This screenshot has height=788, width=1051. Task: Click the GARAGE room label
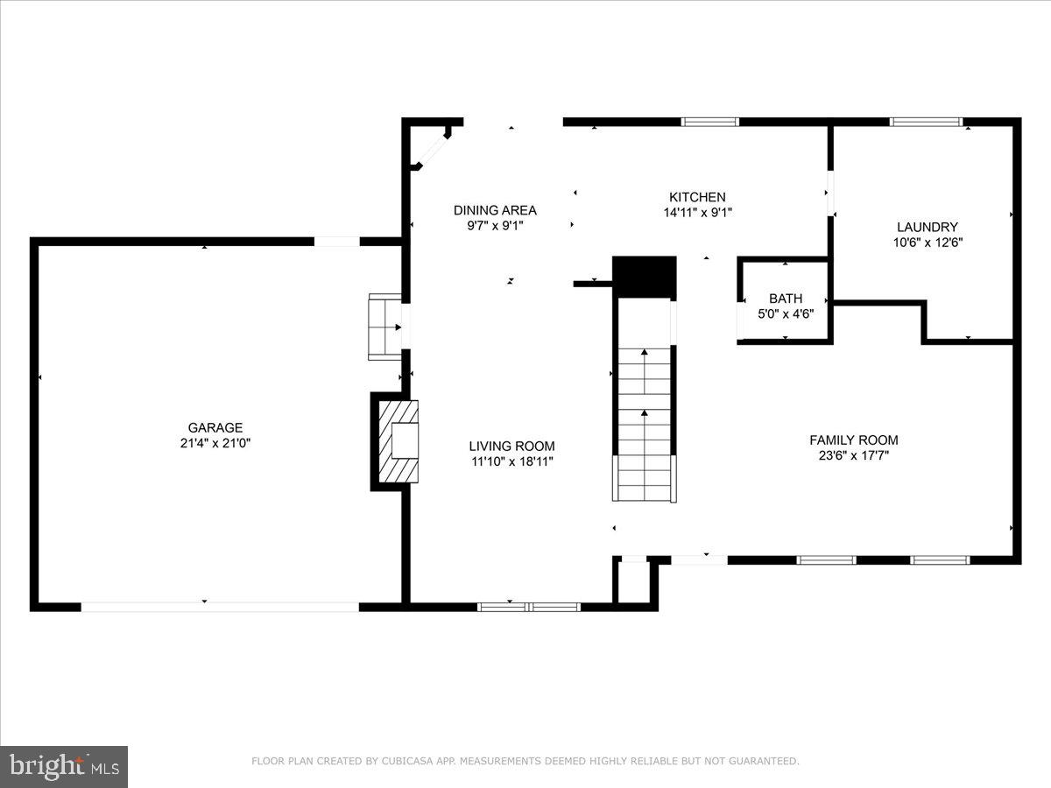(x=215, y=427)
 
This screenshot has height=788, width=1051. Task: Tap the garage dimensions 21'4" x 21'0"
(x=215, y=443)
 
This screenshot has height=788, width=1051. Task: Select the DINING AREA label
(x=495, y=210)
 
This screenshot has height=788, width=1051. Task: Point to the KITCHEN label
(x=697, y=197)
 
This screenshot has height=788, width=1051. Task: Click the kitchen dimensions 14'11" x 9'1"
(x=698, y=213)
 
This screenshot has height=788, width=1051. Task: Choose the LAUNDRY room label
(x=928, y=227)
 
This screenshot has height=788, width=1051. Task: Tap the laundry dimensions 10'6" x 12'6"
(x=928, y=243)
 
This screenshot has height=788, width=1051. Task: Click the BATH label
(x=786, y=299)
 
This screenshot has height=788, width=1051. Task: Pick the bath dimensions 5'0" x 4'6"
(x=786, y=313)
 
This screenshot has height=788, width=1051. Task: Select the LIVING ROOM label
(x=511, y=446)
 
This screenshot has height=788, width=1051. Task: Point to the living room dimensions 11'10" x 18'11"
(x=512, y=461)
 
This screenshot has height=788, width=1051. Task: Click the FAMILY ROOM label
(x=854, y=440)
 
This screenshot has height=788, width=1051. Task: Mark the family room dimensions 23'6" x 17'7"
(x=854, y=455)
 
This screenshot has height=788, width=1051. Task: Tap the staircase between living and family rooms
(x=645, y=424)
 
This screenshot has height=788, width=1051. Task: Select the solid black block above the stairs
(x=645, y=278)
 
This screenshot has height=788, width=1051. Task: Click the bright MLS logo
(x=64, y=767)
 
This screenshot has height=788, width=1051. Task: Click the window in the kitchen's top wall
(x=710, y=122)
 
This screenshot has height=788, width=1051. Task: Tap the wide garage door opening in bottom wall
(x=220, y=607)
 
